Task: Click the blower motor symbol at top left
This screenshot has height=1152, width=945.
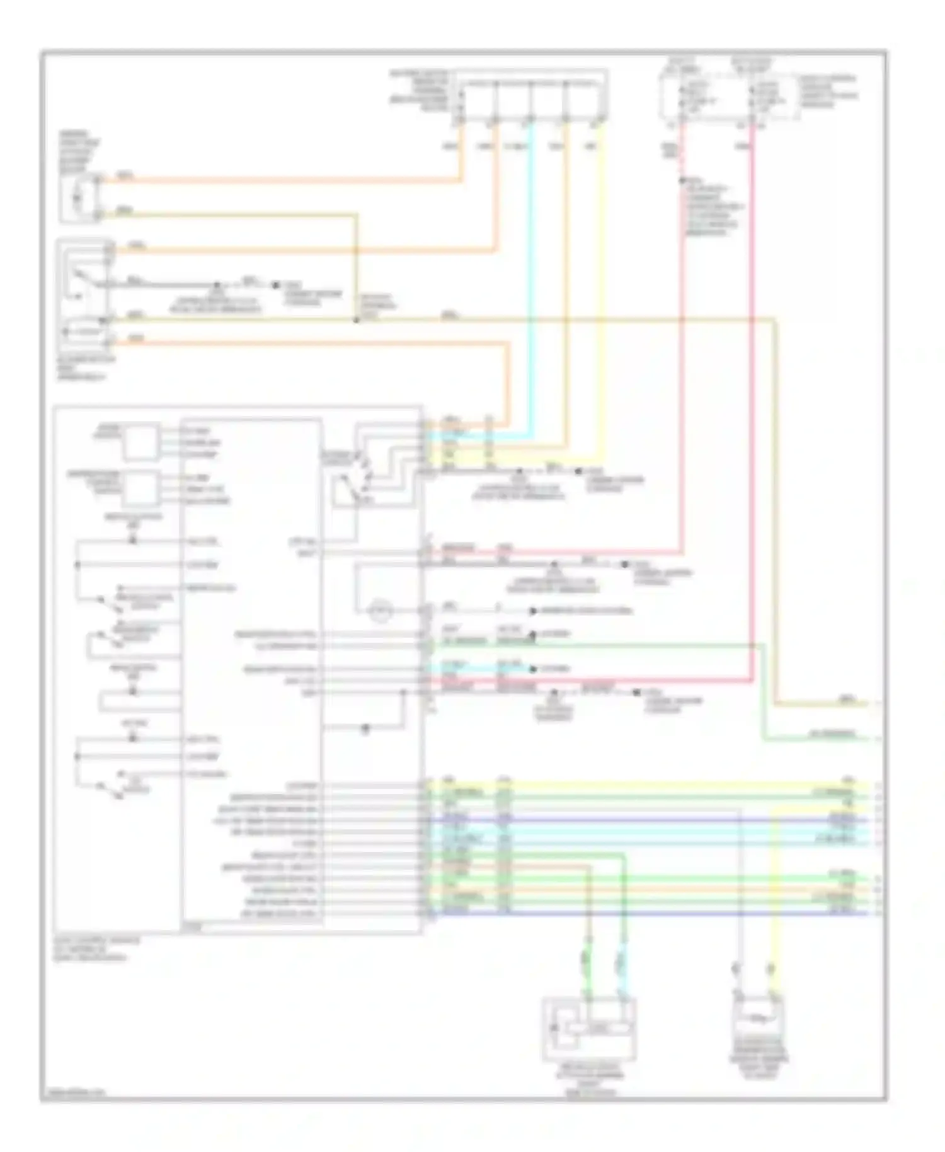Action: tap(80, 198)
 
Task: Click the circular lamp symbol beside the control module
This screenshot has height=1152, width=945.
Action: tap(380, 610)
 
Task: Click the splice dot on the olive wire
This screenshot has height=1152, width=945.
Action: tap(356, 320)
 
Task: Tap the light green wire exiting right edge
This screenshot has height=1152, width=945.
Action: tap(819, 739)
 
